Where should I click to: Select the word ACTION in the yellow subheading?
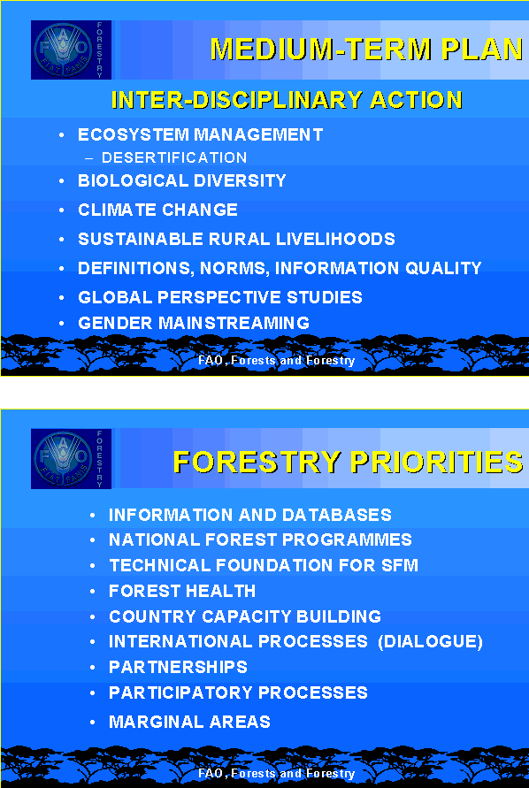pos(416,100)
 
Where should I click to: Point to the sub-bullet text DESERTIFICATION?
pos(174,157)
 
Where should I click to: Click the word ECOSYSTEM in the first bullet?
pos(134,134)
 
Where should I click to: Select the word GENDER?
pos(116,323)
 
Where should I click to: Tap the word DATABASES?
pos(336,515)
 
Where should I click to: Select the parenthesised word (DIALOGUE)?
pos(430,642)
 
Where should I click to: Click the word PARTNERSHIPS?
pos(178,667)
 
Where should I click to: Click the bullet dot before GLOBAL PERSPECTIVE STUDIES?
pos(61,297)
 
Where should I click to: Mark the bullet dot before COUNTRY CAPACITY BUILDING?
pos(93,616)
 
